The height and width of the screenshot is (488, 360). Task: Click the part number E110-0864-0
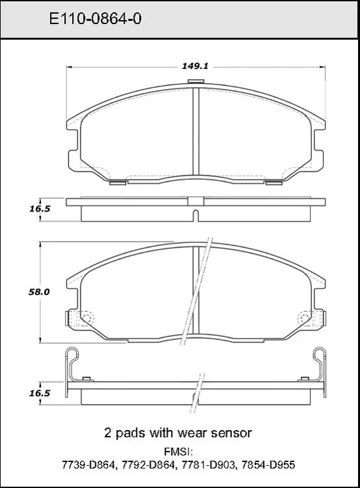[96, 19]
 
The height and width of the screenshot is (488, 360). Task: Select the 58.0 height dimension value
[39, 292]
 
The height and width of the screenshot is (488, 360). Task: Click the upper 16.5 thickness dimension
[40, 209]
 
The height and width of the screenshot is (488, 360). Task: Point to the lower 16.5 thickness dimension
[40, 393]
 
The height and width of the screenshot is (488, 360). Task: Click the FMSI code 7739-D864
[89, 465]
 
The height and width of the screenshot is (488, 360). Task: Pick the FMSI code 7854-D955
[268, 465]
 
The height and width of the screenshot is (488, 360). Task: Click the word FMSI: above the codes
[179, 452]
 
